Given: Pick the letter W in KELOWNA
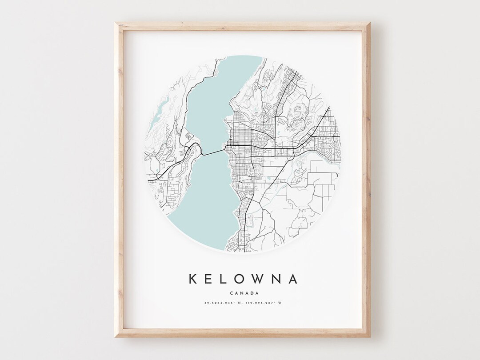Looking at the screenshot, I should pos(260,279).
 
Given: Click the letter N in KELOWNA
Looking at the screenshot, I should pos(277,279).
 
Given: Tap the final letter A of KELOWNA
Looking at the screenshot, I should pos(293,279).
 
